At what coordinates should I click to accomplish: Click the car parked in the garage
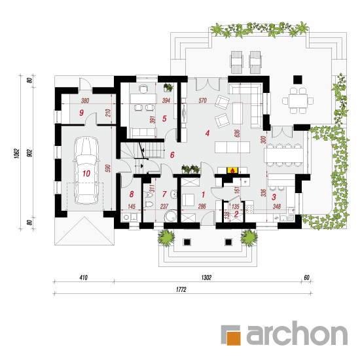tap(86, 170)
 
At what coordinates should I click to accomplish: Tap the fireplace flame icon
tap(232, 170)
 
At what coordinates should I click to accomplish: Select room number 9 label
tap(82, 113)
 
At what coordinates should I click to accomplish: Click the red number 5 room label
tap(164, 118)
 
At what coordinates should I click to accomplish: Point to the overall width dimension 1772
tap(181, 289)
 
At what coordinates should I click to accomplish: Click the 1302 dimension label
tap(206, 278)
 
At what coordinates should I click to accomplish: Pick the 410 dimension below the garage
tap(84, 278)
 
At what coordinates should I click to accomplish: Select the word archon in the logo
tap(297, 333)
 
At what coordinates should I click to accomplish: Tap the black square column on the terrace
tap(298, 79)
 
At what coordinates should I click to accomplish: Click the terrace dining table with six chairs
tap(298, 101)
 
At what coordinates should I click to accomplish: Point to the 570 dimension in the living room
tap(202, 100)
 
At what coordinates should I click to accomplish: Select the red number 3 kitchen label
tap(274, 197)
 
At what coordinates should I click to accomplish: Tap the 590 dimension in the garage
tap(108, 168)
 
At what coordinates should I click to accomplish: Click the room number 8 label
tap(132, 194)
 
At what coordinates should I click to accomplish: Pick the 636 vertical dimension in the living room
tap(237, 134)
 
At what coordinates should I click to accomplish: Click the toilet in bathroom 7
tap(149, 204)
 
